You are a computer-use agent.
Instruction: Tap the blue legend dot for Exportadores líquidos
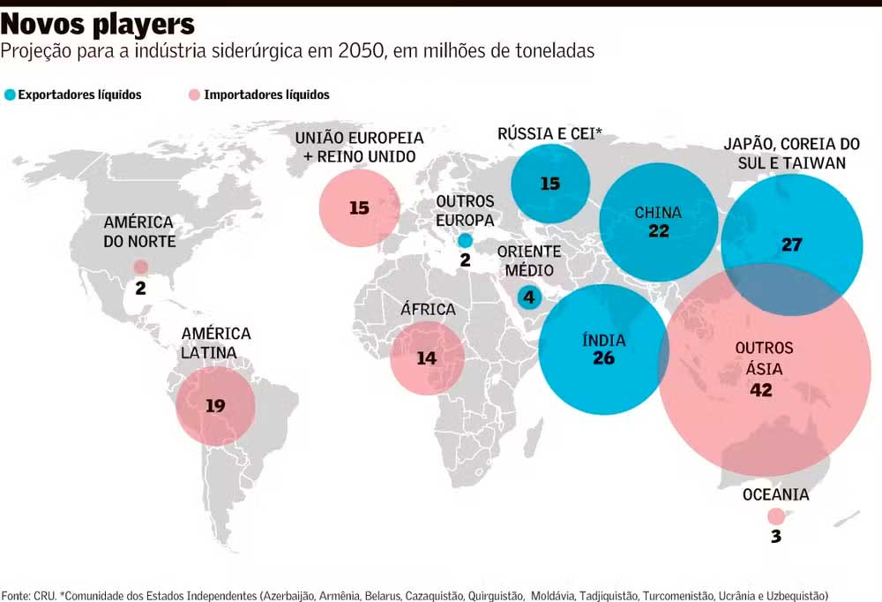pyautogui.click(x=10, y=94)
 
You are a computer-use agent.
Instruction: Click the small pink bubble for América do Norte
pyautogui.click(x=140, y=267)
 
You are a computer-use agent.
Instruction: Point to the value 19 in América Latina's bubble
pyautogui.click(x=215, y=406)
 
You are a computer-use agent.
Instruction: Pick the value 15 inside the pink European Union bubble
pyautogui.click(x=358, y=208)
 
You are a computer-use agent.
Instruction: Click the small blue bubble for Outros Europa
pyautogui.click(x=465, y=240)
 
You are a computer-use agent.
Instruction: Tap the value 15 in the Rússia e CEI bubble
pyautogui.click(x=550, y=184)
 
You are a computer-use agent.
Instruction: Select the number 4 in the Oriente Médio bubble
pyautogui.click(x=529, y=297)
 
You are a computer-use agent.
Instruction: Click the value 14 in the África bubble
pyautogui.click(x=427, y=358)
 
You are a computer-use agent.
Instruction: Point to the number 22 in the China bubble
pyautogui.click(x=658, y=231)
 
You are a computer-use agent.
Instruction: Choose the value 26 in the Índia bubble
pyautogui.click(x=604, y=358)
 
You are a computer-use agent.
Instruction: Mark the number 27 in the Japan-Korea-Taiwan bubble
pyautogui.click(x=791, y=245)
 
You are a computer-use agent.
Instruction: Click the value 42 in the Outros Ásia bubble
pyautogui.click(x=760, y=390)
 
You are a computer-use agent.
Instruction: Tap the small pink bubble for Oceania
pyautogui.click(x=775, y=517)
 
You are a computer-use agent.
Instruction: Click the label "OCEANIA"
pyautogui.click(x=775, y=495)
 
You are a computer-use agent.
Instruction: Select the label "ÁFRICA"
pyautogui.click(x=428, y=310)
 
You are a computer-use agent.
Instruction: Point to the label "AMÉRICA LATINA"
pyautogui.click(x=216, y=343)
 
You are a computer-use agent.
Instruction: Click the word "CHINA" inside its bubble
pyautogui.click(x=658, y=212)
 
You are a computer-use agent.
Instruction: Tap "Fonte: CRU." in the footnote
pyautogui.click(x=28, y=596)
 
